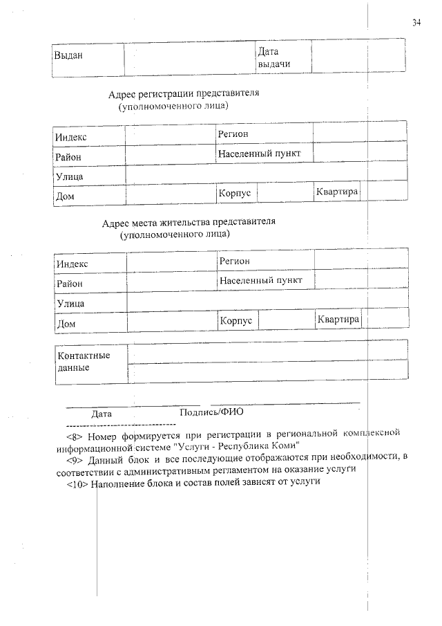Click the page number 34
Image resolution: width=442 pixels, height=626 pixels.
click(416, 22)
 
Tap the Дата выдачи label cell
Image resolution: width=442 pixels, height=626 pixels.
click(273, 57)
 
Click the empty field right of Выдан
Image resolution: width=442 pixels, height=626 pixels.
click(189, 56)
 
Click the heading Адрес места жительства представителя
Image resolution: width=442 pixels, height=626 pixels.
click(189, 223)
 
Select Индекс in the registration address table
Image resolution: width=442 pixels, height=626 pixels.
click(72, 138)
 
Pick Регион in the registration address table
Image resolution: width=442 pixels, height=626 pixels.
click(233, 134)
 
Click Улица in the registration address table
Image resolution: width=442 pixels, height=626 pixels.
click(70, 177)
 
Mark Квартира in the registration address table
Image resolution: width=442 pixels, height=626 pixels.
click(337, 192)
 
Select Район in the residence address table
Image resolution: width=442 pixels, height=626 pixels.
click(70, 284)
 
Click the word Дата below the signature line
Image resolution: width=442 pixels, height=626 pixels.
click(102, 413)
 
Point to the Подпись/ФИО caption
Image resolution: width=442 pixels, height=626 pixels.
click(206, 412)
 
